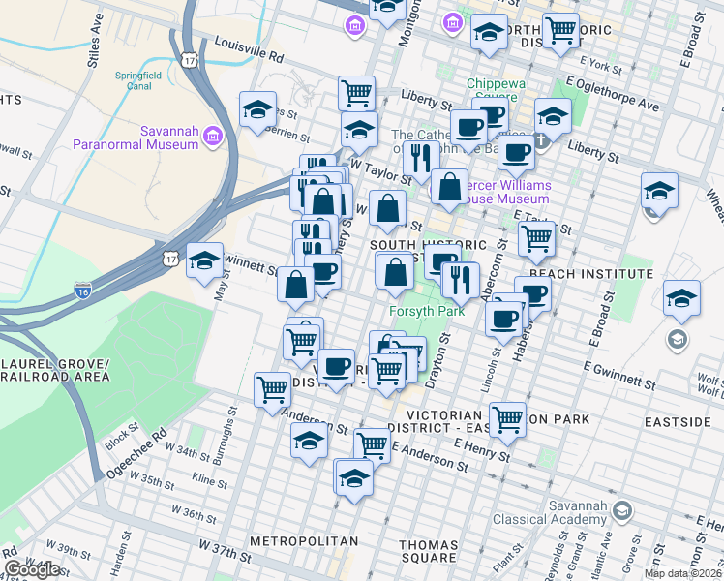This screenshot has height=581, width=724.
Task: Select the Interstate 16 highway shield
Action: click(84, 290)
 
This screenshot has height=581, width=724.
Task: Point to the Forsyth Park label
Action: click(427, 311)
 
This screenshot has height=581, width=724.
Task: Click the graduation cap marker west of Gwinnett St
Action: click(205, 260)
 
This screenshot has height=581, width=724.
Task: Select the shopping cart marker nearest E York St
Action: click(561, 30)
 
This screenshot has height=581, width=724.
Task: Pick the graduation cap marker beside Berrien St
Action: click(258, 109)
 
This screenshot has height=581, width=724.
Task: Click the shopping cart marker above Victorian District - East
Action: click(507, 419)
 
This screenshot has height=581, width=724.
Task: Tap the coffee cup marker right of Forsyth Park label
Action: click(503, 318)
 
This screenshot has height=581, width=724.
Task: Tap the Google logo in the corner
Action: click(33, 569)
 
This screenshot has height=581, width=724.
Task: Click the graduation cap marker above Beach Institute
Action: click(659, 190)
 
